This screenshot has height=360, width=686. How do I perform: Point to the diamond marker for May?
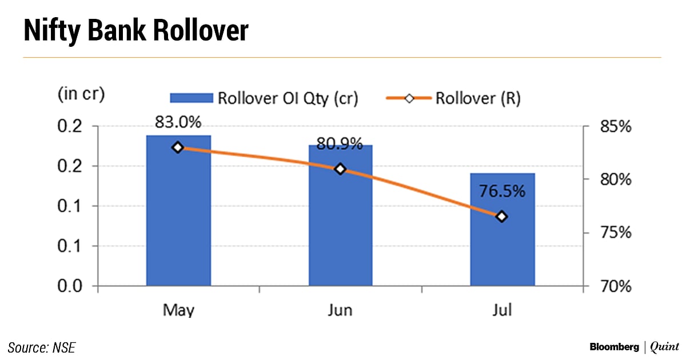pos(178,147)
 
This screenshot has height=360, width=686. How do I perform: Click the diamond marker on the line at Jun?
pos(340,169)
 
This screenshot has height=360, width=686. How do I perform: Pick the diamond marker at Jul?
pos(502,217)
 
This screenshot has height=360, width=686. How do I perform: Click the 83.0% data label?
pos(178,123)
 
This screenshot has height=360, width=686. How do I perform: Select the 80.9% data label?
pos(340,145)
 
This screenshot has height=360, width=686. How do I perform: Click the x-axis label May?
pos(178,310)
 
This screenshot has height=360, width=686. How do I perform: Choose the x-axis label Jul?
pos(502,310)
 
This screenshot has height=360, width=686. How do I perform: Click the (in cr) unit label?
pos(81,94)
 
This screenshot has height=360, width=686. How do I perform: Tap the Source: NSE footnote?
pos(42,347)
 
